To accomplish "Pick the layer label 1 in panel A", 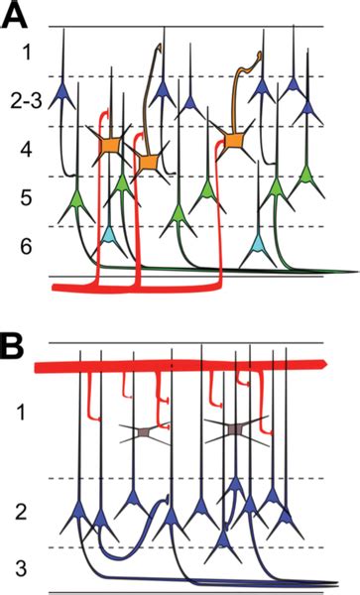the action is tap(28, 50).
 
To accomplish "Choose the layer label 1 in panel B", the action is tap(28, 410).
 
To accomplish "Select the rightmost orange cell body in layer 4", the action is tap(234, 142).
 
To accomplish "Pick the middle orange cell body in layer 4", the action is tap(150, 162).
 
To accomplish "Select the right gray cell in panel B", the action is tap(234, 429).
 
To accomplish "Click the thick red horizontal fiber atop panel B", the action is tap(179, 367).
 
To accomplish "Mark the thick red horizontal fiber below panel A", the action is tap(149, 287).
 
